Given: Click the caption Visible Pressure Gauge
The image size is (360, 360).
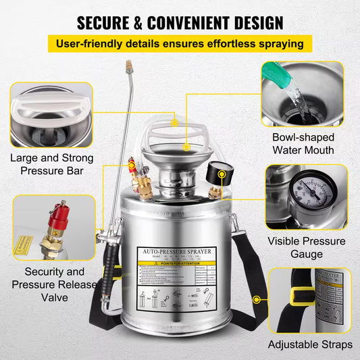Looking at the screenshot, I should coord(306,247).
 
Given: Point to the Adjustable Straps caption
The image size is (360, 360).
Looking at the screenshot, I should coord(309,344).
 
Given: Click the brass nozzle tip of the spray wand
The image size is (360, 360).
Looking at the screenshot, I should coord(126,67).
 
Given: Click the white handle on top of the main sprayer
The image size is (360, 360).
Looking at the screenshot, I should coord(176,135).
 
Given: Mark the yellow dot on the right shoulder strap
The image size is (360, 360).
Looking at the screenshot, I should coord(257,298).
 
